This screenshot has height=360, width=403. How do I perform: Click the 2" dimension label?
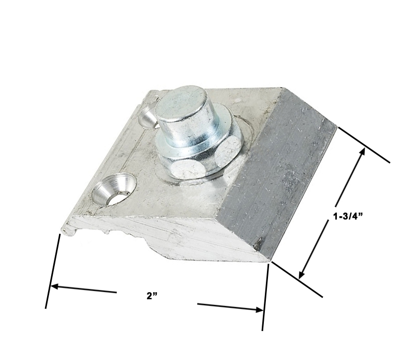(x=152, y=296)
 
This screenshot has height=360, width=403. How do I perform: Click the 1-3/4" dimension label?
(x=348, y=216)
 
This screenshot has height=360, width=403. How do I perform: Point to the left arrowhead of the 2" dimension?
(x=54, y=286)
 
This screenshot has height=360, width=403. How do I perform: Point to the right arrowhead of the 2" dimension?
(x=259, y=310)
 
